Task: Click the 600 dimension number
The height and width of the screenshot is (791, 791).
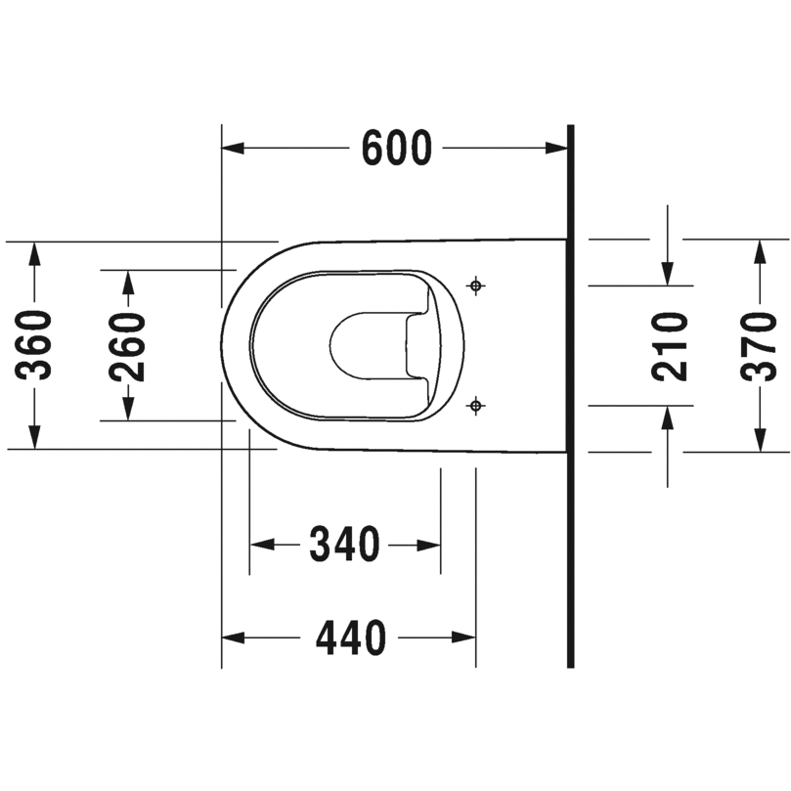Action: pyautogui.click(x=398, y=149)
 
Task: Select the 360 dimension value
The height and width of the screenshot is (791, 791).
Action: pyautogui.click(x=34, y=345)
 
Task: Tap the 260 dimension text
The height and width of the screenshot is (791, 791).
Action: pyautogui.click(x=128, y=346)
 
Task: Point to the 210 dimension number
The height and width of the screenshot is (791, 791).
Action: pyautogui.click(x=670, y=346)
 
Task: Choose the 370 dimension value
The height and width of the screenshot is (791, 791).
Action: pyautogui.click(x=758, y=346)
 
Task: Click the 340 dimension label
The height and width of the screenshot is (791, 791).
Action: pyautogui.click(x=344, y=545)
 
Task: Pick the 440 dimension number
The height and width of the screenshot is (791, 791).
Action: pyautogui.click(x=351, y=637)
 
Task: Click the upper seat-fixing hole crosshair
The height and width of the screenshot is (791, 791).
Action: pyautogui.click(x=475, y=286)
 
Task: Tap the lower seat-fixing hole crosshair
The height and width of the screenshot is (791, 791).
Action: pyautogui.click(x=475, y=405)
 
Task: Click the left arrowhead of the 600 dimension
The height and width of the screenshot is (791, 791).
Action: pyautogui.click(x=233, y=149)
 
